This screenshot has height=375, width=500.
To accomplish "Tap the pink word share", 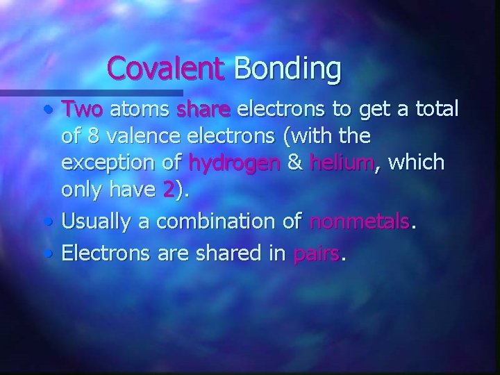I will point(205,109).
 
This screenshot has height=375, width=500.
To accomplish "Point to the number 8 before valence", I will point(95,135).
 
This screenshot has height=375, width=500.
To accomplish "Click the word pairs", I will point(317,255).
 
